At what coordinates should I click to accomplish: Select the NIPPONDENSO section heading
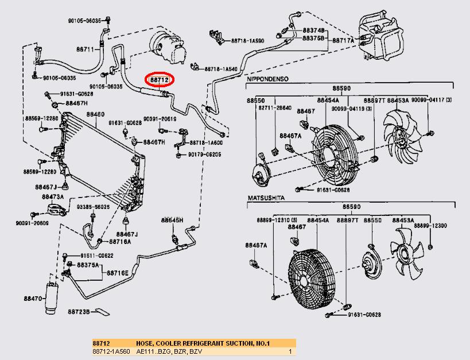coord(267,78)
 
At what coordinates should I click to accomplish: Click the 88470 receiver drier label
coord(33,299)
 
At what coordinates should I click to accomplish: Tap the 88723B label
coord(79,312)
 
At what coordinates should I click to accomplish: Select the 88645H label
coord(172,220)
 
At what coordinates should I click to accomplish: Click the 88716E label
coord(118,273)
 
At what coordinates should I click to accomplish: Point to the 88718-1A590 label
coord(247,41)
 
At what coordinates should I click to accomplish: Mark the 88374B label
coord(314,30)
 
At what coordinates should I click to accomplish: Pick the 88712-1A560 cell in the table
coord(110,351)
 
